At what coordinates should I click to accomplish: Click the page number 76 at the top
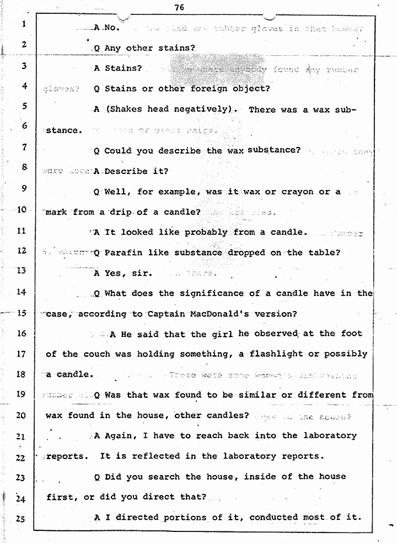[x=178, y=7]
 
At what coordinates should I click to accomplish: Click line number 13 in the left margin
[x=23, y=271]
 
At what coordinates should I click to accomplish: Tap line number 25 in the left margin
[x=23, y=518]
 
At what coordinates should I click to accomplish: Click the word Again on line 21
[x=120, y=435]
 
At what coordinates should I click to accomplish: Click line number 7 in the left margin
[x=23, y=147]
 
